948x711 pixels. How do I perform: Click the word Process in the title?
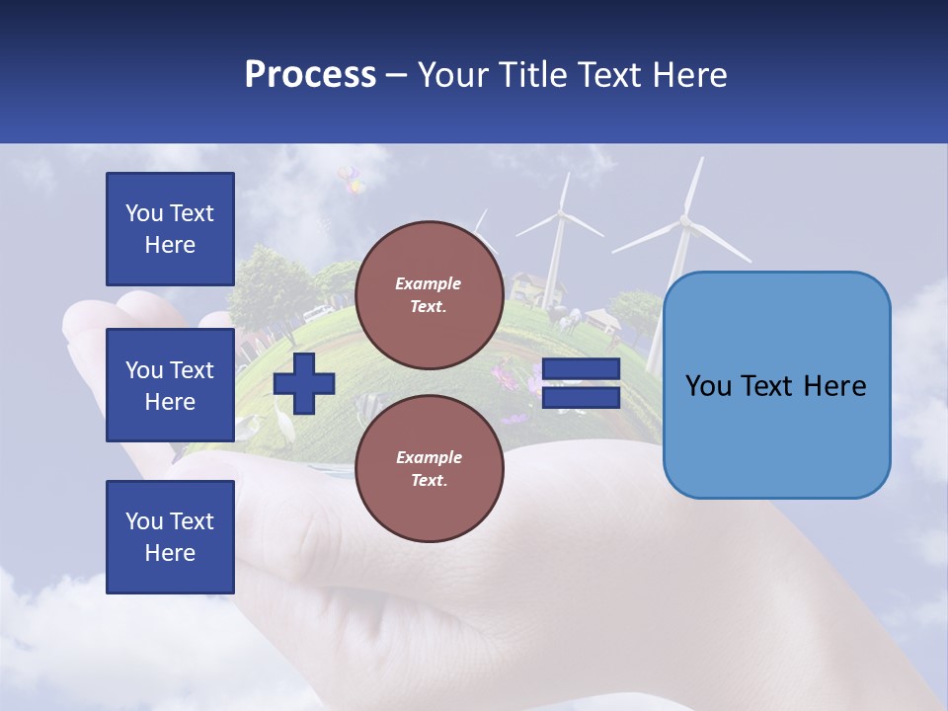click(310, 75)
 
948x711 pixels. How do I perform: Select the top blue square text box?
click(170, 229)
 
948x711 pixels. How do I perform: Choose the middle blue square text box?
click(170, 385)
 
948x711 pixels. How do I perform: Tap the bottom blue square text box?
click(170, 537)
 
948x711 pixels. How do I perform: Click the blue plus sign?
click(304, 383)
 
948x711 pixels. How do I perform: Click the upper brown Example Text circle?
click(429, 294)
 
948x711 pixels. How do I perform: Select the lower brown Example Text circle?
click(429, 468)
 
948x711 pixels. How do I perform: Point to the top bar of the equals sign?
click(581, 369)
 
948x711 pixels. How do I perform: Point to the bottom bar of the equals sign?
click(581, 398)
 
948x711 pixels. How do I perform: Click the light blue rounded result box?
click(776, 385)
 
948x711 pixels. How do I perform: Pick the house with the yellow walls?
click(538, 289)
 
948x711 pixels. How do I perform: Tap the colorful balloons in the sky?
click(350, 180)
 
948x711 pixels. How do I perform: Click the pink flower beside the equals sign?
click(506, 376)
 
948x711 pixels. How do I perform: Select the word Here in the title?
click(687, 75)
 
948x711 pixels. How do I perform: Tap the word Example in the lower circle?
click(429, 457)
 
